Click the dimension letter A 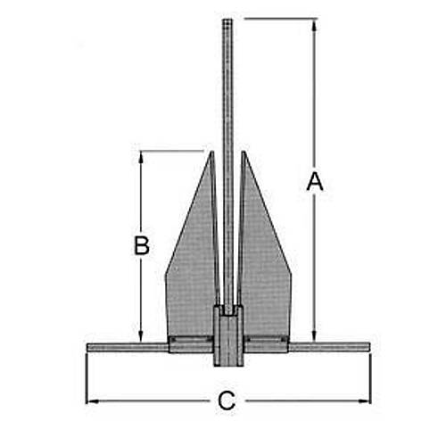pyautogui.click(x=314, y=182)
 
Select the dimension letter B pyautogui.click(x=141, y=245)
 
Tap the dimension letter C pyautogui.click(x=227, y=401)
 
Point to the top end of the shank pyautogui.click(x=227, y=19)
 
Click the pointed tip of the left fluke pyautogui.click(x=212, y=153)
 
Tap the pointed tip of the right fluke pyautogui.click(x=242, y=153)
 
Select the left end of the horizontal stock pyautogui.click(x=88, y=346)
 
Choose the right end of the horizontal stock pyautogui.click(x=368, y=346)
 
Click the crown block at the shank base pyautogui.click(x=228, y=343)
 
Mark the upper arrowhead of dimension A pyautogui.click(x=314, y=22)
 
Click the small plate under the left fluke pyautogui.click(x=190, y=344)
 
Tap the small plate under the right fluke pyautogui.click(x=267, y=343)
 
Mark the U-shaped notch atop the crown pyautogui.click(x=229, y=310)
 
